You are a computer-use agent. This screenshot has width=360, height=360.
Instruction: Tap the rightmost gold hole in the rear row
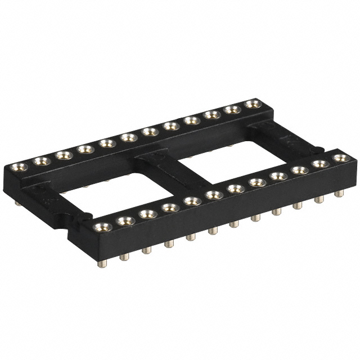pyautogui.click(x=251, y=103)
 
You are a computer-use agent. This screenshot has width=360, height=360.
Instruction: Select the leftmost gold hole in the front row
pyautogui.click(x=101, y=227)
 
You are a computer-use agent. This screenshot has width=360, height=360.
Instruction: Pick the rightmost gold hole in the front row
pyautogui.click(x=339, y=158)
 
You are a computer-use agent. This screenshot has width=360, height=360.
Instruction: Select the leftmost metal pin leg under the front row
pyautogui.click(x=103, y=262)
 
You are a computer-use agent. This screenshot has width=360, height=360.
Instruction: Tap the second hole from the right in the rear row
pyautogui.click(x=231, y=109)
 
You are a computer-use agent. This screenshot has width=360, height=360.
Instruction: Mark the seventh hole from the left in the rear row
pyautogui.click(x=148, y=132)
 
